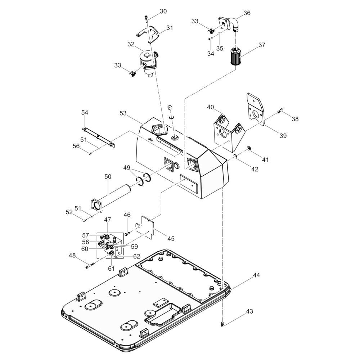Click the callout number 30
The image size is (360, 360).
tap(163, 12)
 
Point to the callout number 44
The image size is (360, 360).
tap(256, 275)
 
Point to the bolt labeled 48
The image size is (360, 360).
tap(90, 266)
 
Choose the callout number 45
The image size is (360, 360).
tap(171, 238)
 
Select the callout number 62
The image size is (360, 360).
tap(136, 257)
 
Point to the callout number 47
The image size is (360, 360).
tap(108, 219)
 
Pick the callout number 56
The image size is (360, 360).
tap(76, 146)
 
